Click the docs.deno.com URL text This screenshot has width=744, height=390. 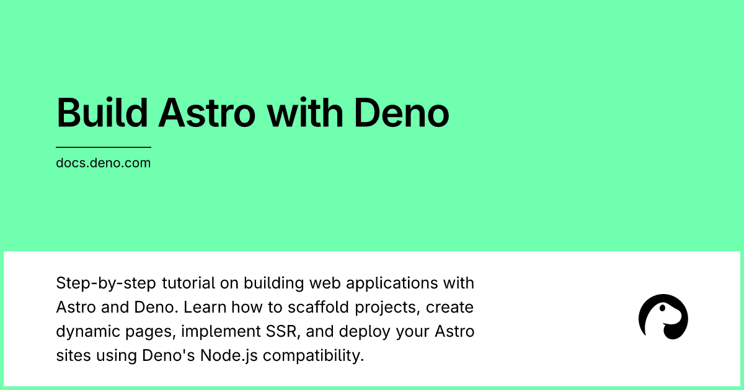pos(104,163)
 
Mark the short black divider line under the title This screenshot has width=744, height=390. pos(104,147)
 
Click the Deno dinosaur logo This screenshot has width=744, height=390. pos(663,317)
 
